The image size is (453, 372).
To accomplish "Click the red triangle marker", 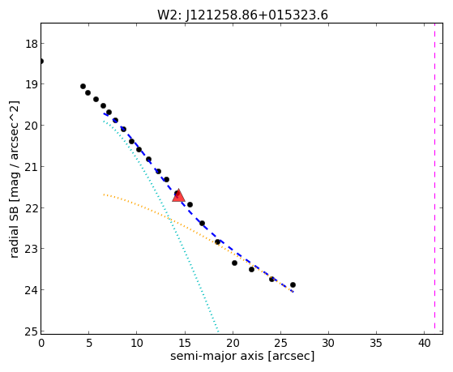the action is pyautogui.click(x=178, y=195).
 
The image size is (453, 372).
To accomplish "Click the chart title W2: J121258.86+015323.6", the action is pyautogui.click(x=242, y=15).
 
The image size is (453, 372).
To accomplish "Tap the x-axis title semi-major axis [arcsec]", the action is pyautogui.click(x=242, y=356).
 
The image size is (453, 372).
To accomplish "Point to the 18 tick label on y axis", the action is pyautogui.click(x=31, y=44).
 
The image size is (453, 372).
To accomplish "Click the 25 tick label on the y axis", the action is pyautogui.click(x=31, y=331).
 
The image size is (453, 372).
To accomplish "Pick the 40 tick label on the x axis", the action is pyautogui.click(x=424, y=344).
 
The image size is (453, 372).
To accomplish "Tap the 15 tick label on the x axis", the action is pyautogui.click(x=185, y=344).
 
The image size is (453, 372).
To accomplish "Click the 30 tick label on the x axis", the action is pyautogui.click(x=328, y=344).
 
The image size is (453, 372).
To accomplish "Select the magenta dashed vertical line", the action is pyautogui.click(x=434, y=178).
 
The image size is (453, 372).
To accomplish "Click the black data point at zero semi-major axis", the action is pyautogui.click(x=41, y=61).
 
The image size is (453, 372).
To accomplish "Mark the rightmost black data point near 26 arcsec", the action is pyautogui.click(x=293, y=284).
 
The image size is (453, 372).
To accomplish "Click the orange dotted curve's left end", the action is pyautogui.click(x=104, y=195).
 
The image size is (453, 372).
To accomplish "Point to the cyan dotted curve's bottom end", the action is pyautogui.click(x=218, y=331).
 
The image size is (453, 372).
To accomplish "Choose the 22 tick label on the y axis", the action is pyautogui.click(x=31, y=208).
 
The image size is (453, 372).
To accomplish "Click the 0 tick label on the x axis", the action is pyautogui.click(x=41, y=344).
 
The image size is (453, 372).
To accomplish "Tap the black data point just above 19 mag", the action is pyautogui.click(x=83, y=86).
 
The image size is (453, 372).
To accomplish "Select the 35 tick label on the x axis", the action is pyautogui.click(x=376, y=344).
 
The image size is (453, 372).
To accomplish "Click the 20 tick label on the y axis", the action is pyautogui.click(x=31, y=126).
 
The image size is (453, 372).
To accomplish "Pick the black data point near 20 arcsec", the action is pyautogui.click(x=234, y=263).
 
